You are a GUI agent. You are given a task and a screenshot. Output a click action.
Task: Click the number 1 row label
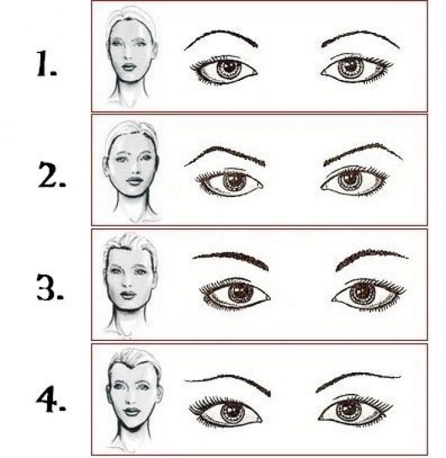click(46, 64)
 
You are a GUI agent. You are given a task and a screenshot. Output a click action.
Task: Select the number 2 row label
click(52, 174)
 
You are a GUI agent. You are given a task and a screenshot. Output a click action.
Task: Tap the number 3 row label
click(50, 287)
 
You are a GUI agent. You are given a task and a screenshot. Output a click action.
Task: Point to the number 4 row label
click(51, 399)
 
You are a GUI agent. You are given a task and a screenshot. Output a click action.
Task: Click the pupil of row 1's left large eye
click(228, 67)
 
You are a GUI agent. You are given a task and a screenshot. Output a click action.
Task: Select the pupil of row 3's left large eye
click(239, 291)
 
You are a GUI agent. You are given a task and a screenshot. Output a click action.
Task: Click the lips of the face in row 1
click(129, 67)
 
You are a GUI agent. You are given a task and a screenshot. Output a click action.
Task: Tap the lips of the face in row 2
click(134, 181)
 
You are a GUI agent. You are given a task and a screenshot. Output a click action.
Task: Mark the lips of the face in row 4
click(131, 412)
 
